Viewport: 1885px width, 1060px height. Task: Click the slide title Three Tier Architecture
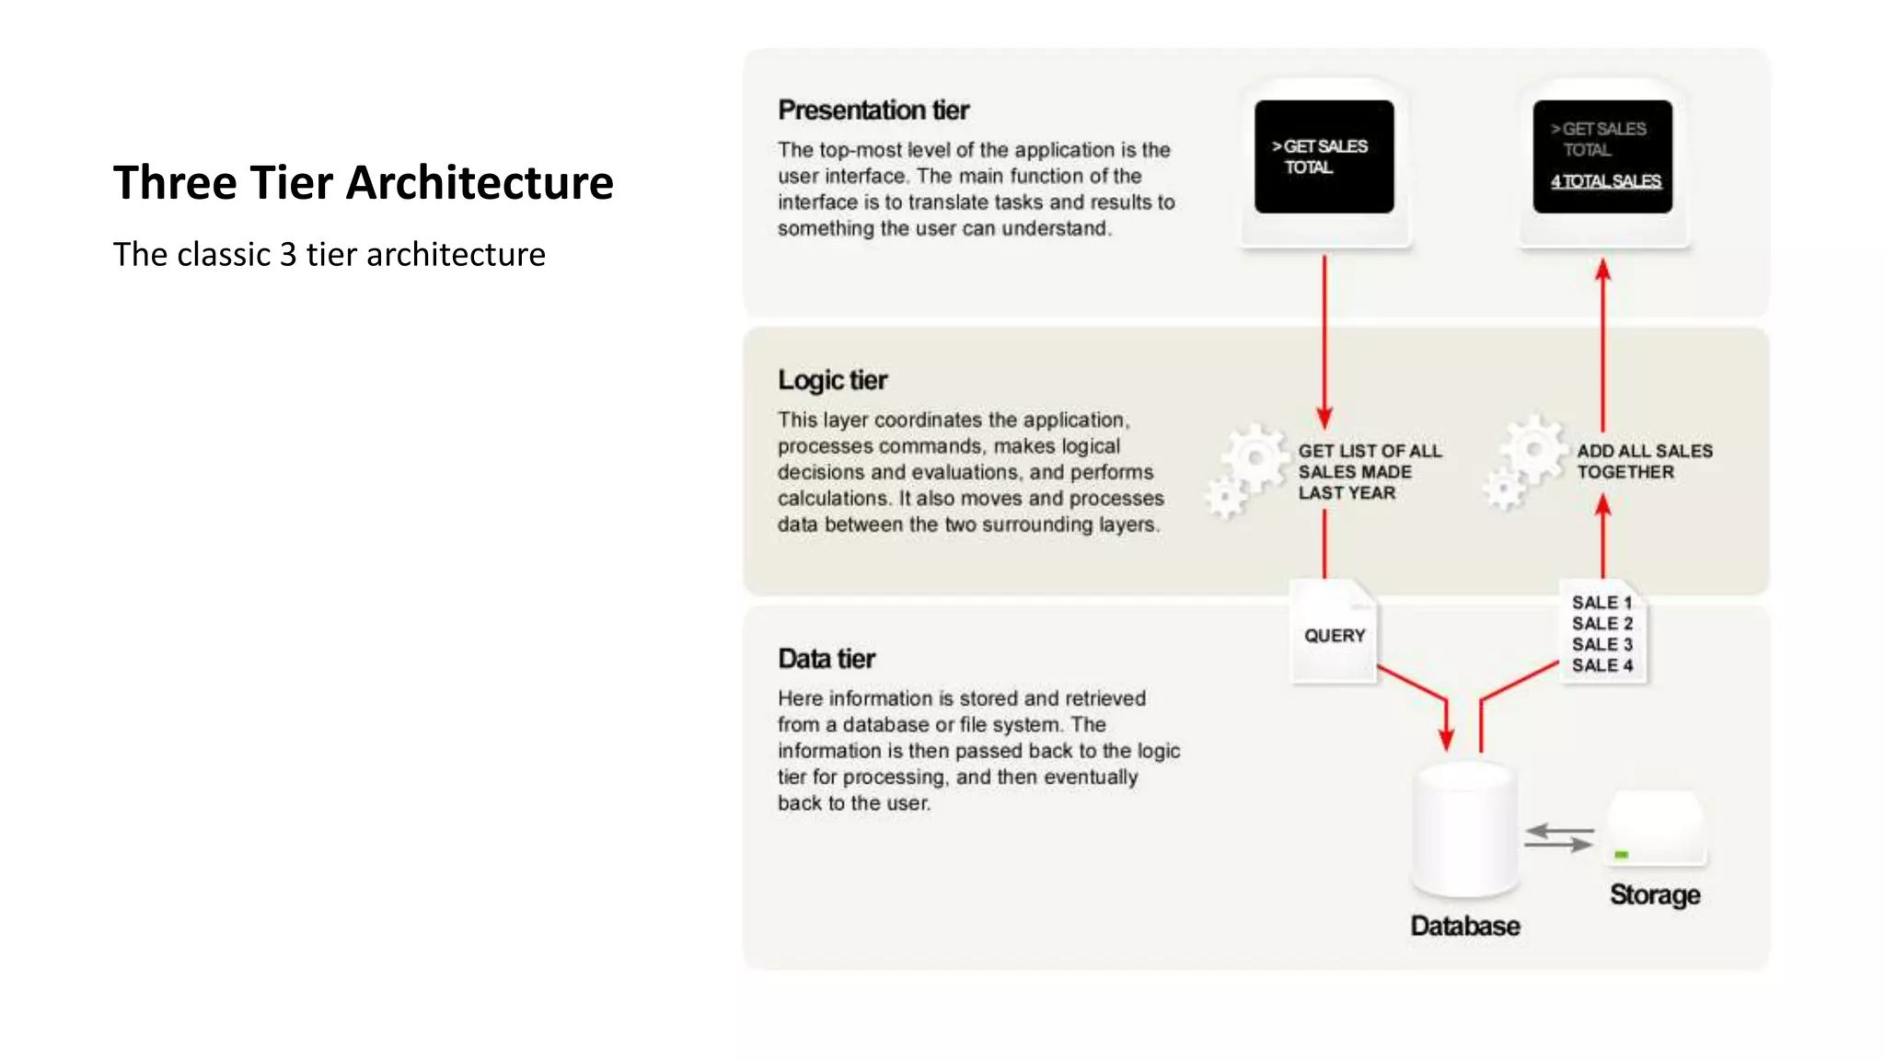pos(363,182)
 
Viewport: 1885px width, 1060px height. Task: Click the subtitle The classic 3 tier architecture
pos(329,254)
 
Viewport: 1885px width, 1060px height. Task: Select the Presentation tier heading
pos(873,110)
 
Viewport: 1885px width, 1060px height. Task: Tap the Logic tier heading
pos(832,380)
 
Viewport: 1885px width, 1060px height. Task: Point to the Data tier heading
pos(826,659)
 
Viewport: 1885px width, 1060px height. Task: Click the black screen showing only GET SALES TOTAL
pos(1324,156)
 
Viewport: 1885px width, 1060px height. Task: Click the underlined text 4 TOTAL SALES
pos(1605,181)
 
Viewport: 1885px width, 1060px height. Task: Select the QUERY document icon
pos(1334,634)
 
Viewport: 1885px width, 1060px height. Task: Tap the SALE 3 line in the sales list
pos(1602,644)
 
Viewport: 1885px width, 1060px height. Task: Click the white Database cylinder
pos(1463,828)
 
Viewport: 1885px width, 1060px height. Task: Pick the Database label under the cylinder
pos(1464,926)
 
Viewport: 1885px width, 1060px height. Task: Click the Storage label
pos(1654,894)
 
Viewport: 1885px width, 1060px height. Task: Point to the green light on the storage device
pos(1621,855)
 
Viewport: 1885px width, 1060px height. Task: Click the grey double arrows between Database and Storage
pos(1558,837)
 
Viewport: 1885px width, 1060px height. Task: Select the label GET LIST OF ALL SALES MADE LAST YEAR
pos(1368,471)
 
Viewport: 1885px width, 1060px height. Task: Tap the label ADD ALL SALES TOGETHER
pos(1644,461)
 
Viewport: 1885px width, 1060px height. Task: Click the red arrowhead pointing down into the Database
pos(1446,738)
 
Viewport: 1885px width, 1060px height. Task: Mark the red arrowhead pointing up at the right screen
pos(1602,270)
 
